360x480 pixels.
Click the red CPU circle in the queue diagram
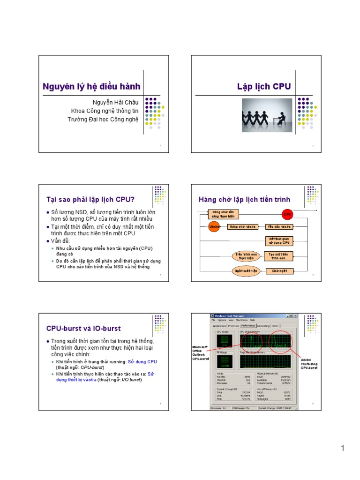click(x=287, y=214)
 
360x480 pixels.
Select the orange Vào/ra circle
click(x=214, y=227)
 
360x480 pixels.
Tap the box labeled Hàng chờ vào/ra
click(x=242, y=227)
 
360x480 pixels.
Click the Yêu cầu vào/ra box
click(x=279, y=227)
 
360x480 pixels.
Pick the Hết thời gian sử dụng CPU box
click(x=279, y=241)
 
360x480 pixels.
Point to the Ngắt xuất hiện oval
click(x=246, y=271)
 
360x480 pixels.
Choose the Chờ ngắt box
click(x=279, y=271)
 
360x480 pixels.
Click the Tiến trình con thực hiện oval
click(x=246, y=256)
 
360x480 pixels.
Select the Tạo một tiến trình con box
click(x=279, y=256)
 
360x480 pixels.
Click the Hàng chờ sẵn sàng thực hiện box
click(x=223, y=214)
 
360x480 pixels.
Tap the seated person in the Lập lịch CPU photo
click(x=281, y=115)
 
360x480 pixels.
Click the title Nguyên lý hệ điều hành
click(x=91, y=87)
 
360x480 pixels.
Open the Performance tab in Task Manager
click(x=248, y=325)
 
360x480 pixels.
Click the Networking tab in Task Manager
click(x=263, y=325)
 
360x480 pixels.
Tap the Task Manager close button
click(x=297, y=315)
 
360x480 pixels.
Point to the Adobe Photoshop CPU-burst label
click(x=309, y=364)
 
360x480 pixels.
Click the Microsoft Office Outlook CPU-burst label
click(x=200, y=352)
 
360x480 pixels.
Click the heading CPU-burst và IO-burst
click(x=83, y=328)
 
